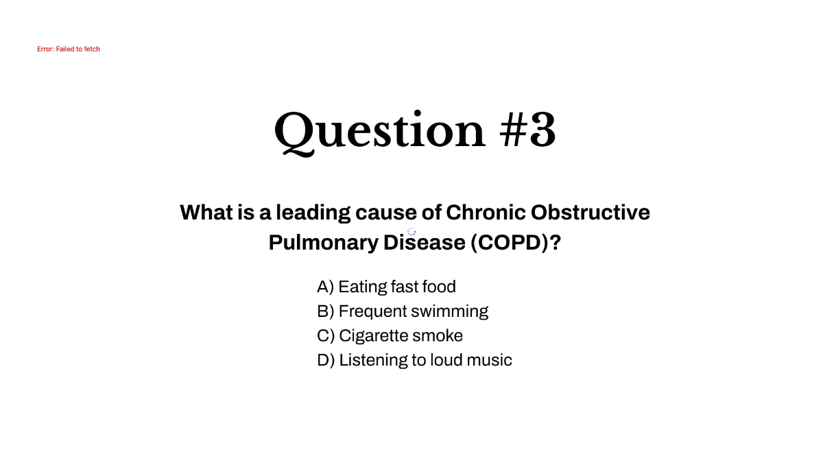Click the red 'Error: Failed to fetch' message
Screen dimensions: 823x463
click(x=69, y=49)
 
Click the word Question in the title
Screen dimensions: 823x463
click(x=380, y=132)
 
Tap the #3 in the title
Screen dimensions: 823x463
click(x=527, y=130)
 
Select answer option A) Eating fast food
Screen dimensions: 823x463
click(x=386, y=287)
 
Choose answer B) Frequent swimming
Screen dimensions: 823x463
click(x=403, y=311)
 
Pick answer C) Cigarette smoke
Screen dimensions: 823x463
click(x=390, y=335)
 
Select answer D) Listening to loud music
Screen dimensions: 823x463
click(x=414, y=359)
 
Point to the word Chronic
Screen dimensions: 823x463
click(x=486, y=212)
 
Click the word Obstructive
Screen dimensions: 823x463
click(x=591, y=212)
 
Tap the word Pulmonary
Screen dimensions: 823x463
click(x=323, y=243)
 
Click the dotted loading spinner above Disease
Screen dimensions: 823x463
click(x=411, y=232)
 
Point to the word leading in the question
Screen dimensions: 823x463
click(x=313, y=213)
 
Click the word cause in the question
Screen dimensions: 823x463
click(x=386, y=213)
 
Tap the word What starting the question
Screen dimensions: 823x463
click(x=206, y=212)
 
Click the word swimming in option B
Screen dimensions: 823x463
click(x=450, y=311)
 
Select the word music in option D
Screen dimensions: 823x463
click(x=490, y=360)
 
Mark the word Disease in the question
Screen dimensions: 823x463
click(x=425, y=243)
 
